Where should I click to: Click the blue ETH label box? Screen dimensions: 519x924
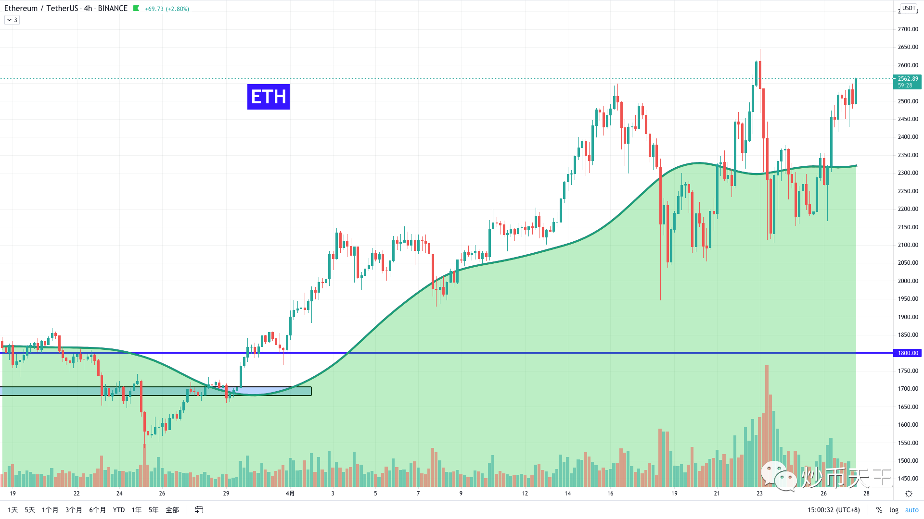coord(268,97)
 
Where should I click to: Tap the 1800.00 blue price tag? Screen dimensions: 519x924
coord(907,353)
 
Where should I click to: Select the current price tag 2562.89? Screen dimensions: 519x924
coord(907,82)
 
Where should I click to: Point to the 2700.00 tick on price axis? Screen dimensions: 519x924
coord(908,29)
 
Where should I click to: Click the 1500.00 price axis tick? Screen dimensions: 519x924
coord(908,461)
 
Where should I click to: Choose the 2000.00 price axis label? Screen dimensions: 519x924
coord(908,281)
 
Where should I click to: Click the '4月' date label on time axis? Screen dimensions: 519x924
coord(290,494)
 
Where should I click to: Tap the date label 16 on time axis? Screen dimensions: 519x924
coord(610,494)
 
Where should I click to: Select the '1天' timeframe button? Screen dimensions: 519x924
coord(13,510)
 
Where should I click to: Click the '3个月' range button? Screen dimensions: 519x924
coord(74,510)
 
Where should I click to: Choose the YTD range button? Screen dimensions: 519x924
coord(118,510)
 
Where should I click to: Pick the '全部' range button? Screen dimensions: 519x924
coord(172,510)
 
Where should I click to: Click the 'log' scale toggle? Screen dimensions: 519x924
coord(894,510)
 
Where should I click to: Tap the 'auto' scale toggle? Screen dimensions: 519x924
coord(911,510)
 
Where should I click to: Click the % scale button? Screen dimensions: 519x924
coord(879,510)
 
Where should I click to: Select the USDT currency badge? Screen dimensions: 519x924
coord(909,8)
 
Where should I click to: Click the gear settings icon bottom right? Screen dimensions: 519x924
coord(909,494)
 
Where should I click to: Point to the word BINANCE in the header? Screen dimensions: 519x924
coord(113,9)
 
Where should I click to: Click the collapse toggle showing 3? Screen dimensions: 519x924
coord(12,20)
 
